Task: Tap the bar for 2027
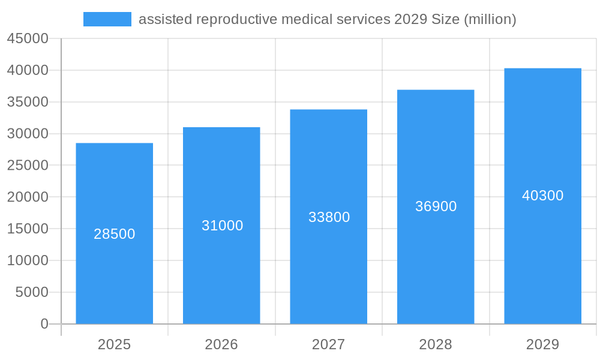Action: pyautogui.click(x=328, y=270)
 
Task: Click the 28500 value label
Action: pyautogui.click(x=114, y=234)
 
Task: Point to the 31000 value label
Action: pyautogui.click(x=222, y=226)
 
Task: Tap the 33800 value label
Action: pyautogui.click(x=329, y=217)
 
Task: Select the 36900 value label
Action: pyautogui.click(x=436, y=206)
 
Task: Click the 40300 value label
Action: pyautogui.click(x=542, y=196)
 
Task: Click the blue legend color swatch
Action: pyautogui.click(x=107, y=19)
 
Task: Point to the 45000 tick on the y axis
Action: pyautogui.click(x=28, y=38)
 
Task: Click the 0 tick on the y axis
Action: pyautogui.click(x=44, y=324)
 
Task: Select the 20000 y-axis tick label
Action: pyautogui.click(x=28, y=197)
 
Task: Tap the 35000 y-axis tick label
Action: pyautogui.click(x=28, y=102)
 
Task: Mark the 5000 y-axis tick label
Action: pyautogui.click(x=31, y=292)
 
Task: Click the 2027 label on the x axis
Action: pyautogui.click(x=328, y=344)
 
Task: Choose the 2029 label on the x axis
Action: pyautogui.click(x=542, y=344)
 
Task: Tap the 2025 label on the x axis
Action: pyautogui.click(x=114, y=344)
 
